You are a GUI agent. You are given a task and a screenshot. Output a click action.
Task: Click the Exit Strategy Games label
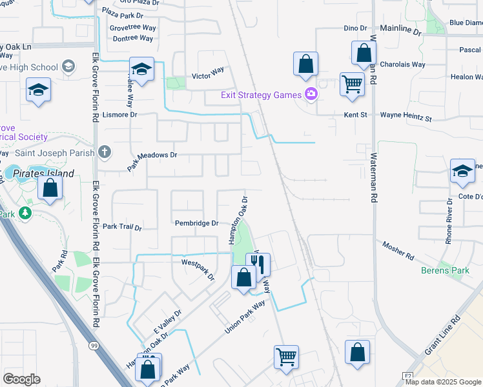(x=261, y=95)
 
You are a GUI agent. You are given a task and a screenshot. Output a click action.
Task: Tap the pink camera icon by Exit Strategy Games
(x=311, y=95)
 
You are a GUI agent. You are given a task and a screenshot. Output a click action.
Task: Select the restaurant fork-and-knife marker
(x=258, y=263)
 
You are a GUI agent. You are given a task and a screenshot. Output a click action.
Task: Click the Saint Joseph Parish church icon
(x=105, y=152)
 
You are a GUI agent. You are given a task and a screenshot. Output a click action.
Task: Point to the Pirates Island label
(x=46, y=174)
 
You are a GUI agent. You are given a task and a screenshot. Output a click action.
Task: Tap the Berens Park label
(x=445, y=270)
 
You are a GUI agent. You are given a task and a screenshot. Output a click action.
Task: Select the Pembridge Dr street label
(x=197, y=223)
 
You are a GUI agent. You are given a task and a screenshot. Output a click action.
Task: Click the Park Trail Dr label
(x=121, y=227)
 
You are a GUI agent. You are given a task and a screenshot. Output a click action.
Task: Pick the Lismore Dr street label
(x=120, y=115)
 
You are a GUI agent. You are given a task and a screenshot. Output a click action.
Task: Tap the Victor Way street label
(x=208, y=76)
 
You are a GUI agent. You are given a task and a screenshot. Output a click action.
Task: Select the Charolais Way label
(x=402, y=64)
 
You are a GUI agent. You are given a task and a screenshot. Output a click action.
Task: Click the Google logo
(x=22, y=379)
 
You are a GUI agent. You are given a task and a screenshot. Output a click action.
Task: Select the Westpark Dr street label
(x=198, y=269)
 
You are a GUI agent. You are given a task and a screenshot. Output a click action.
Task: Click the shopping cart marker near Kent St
(x=352, y=84)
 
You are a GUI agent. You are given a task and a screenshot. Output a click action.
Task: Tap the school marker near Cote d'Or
(x=462, y=171)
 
